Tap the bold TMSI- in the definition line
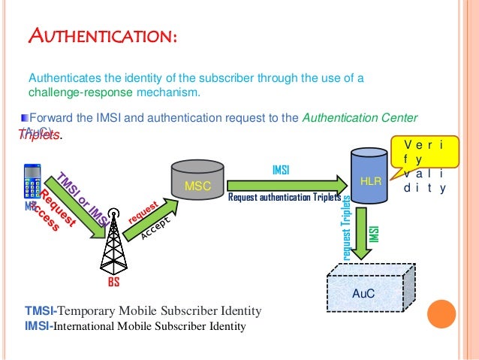[x=41, y=310]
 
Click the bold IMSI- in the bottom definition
[x=39, y=326]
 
